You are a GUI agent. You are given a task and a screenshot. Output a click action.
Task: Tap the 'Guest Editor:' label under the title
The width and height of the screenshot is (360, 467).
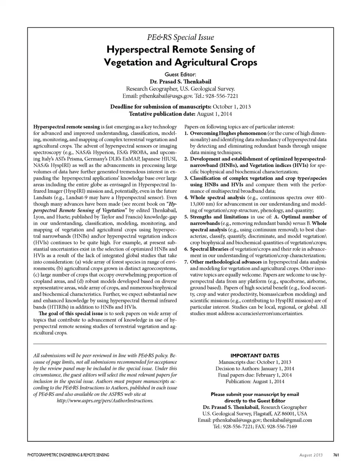180,74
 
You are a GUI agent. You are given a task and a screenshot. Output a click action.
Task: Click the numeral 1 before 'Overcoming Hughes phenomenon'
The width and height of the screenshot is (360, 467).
186,133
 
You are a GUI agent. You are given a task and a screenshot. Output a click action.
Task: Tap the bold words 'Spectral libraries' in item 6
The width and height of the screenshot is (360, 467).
209,249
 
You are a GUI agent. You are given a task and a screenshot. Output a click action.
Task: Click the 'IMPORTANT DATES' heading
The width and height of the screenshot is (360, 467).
255,356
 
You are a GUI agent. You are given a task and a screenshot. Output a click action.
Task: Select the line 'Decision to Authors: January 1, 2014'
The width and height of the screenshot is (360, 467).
255,368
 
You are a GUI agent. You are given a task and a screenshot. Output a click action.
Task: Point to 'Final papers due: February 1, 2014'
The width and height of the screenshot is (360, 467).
255,375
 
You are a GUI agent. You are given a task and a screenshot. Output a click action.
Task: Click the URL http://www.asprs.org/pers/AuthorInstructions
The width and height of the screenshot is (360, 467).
105,401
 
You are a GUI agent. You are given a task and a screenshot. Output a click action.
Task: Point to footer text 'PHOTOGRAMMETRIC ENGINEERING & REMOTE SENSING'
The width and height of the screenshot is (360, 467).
68,455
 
